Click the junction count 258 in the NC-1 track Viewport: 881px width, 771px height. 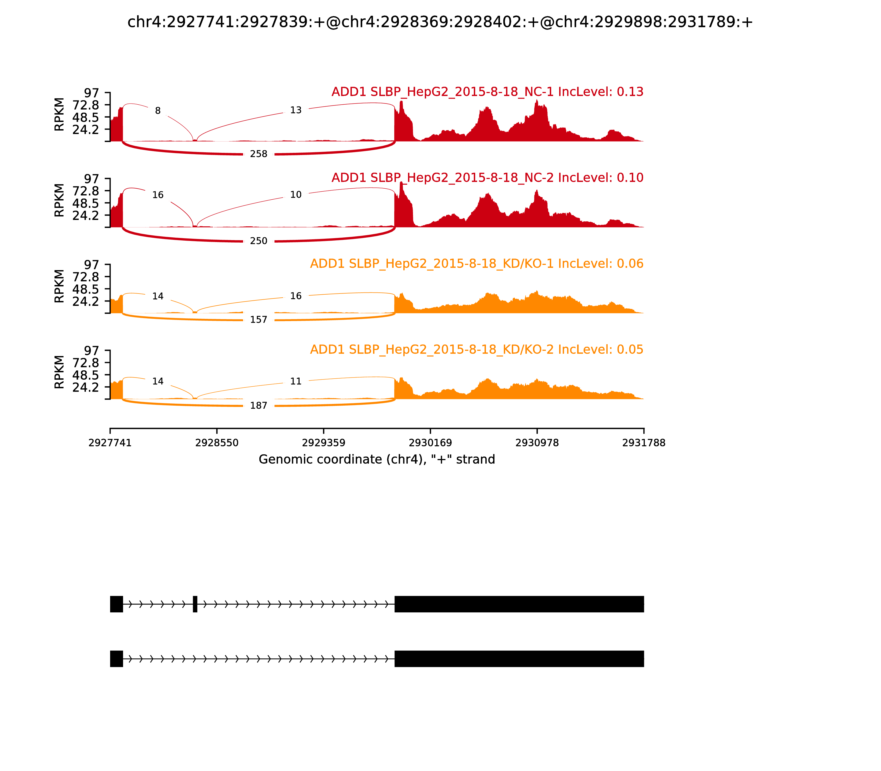[259, 154]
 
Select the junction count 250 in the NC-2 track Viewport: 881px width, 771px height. [259, 241]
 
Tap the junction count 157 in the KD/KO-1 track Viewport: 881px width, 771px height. [259, 320]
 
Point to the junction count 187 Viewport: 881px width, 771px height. [259, 406]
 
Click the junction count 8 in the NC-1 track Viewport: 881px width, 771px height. [158, 111]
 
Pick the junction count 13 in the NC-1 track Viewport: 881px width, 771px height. [295, 110]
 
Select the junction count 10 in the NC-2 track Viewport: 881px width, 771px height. [295, 195]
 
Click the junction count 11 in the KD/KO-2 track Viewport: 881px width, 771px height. [295, 381]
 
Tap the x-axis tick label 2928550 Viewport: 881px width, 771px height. [217, 443]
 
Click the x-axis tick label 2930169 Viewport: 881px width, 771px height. [430, 443]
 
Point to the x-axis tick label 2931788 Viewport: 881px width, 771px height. [644, 443]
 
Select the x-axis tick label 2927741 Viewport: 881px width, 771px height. [110, 443]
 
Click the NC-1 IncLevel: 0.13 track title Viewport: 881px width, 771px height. [487, 92]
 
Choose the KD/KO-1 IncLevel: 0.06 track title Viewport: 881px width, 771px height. [477, 264]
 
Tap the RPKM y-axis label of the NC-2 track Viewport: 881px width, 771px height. [59, 200]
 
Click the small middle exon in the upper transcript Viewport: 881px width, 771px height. [195, 604]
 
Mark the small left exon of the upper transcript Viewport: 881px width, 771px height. [116, 604]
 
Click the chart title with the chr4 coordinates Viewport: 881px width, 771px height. [440, 22]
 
